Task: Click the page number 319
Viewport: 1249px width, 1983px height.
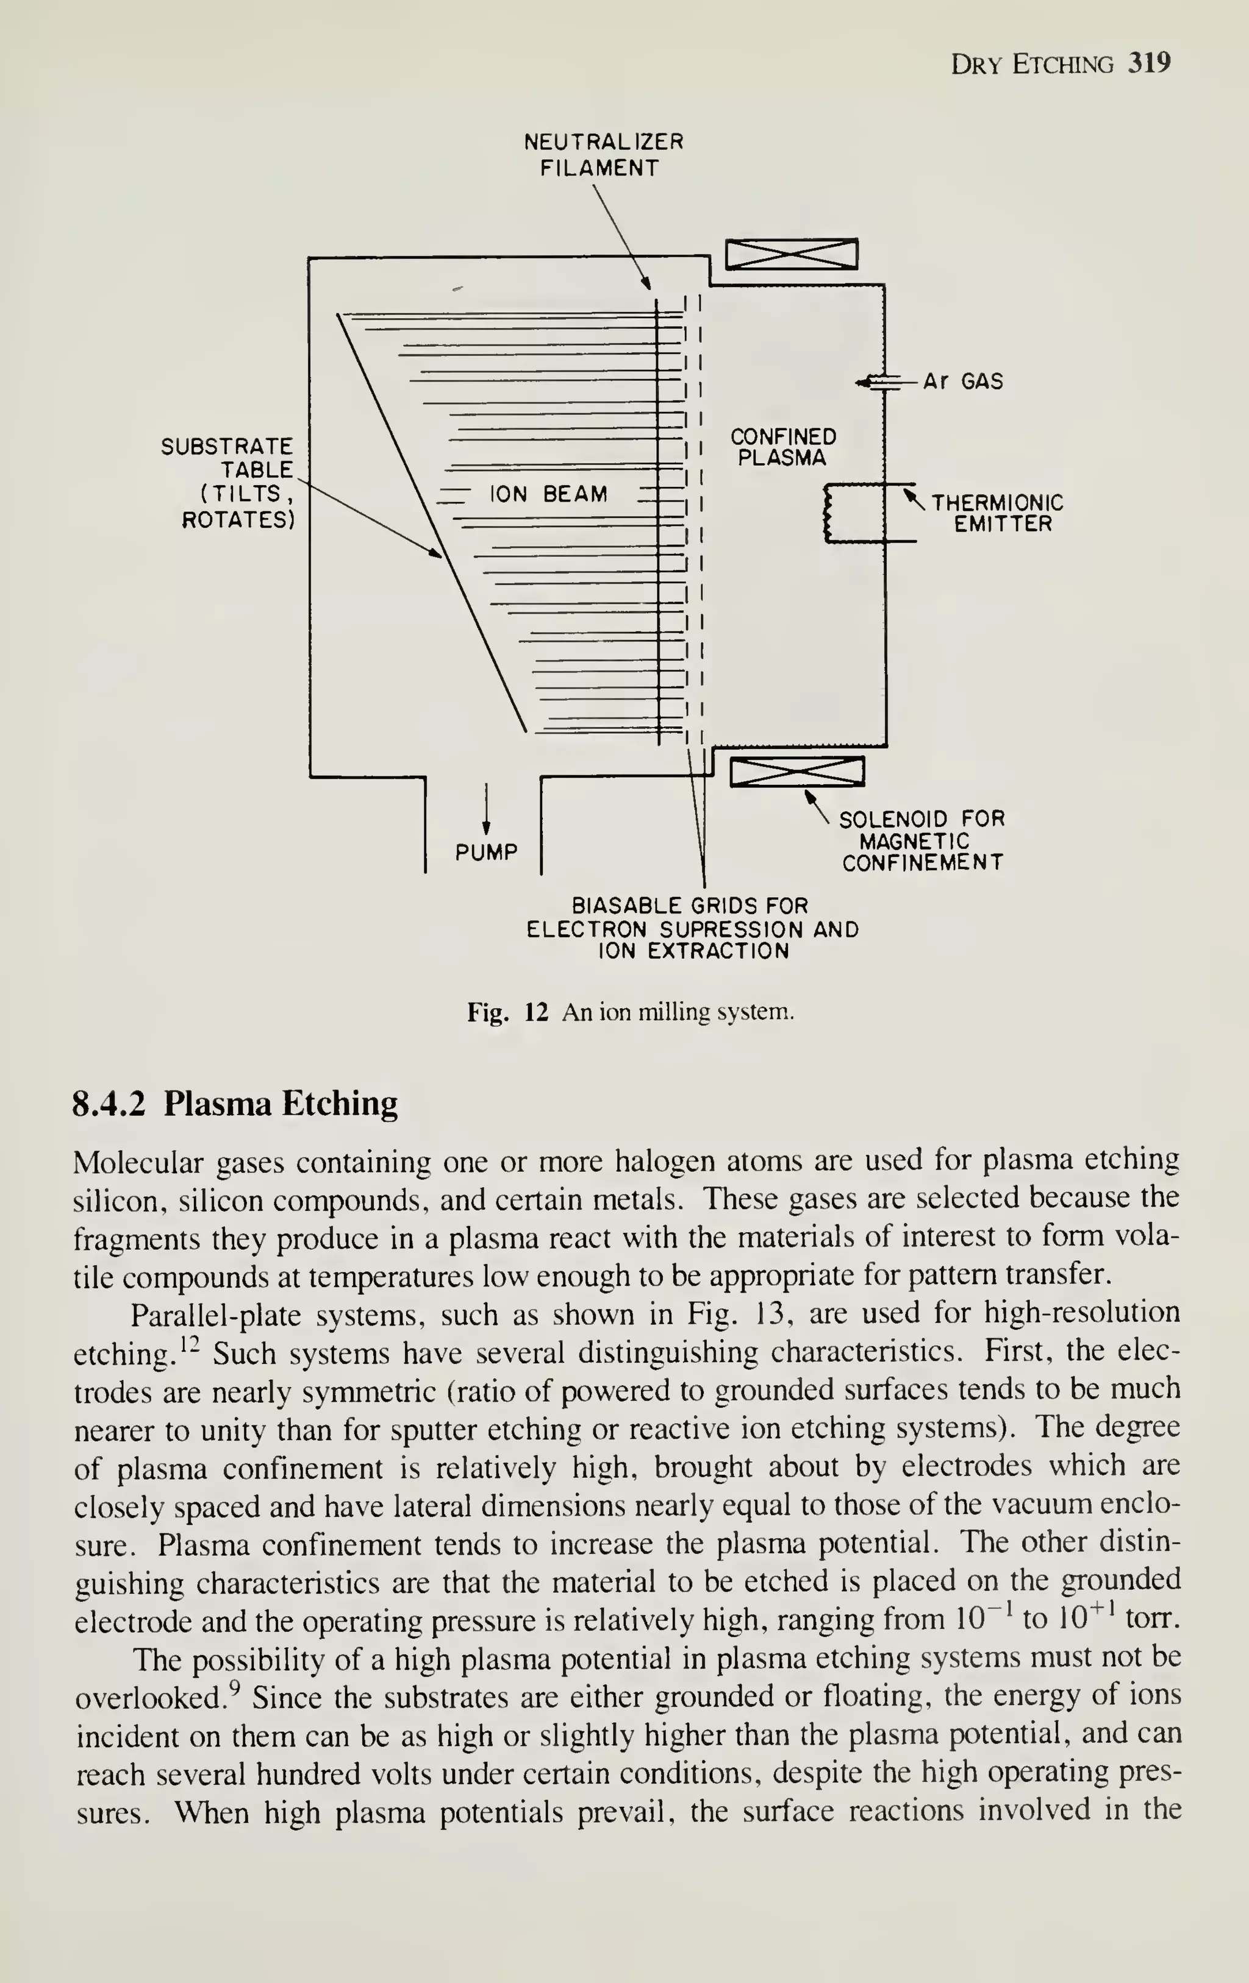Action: tap(1150, 63)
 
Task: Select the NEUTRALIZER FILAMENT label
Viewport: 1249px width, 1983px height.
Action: tap(603, 155)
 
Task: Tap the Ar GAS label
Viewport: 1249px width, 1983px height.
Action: tap(962, 381)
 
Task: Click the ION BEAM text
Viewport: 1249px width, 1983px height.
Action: tap(549, 494)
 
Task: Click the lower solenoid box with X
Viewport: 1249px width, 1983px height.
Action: tap(796, 772)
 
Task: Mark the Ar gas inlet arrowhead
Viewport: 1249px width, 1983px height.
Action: tap(862, 382)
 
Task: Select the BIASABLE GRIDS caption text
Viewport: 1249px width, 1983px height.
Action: tap(692, 928)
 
